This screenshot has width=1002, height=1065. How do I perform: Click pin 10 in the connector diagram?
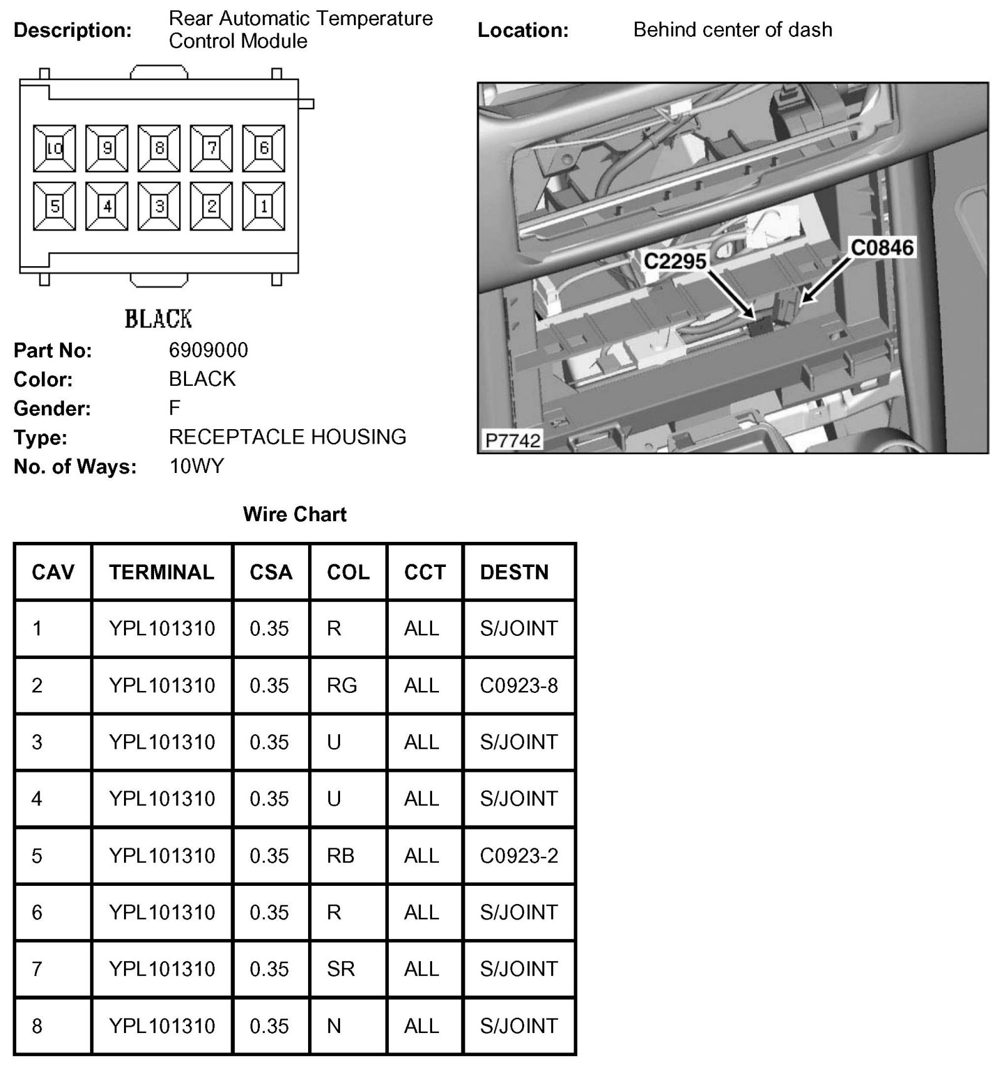click(54, 148)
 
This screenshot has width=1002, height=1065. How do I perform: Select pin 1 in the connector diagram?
click(264, 206)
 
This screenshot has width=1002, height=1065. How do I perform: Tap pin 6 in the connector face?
click(264, 148)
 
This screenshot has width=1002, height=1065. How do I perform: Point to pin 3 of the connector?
click(159, 206)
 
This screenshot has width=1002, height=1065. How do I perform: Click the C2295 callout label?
click(675, 261)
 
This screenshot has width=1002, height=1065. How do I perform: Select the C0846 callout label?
click(882, 248)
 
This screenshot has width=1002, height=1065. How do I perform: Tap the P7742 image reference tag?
click(513, 440)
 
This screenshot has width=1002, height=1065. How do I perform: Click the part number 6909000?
click(209, 350)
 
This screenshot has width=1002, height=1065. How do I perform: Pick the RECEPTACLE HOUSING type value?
click(287, 437)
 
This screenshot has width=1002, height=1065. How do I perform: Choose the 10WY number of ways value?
click(196, 466)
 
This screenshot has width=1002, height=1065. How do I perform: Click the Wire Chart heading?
click(294, 514)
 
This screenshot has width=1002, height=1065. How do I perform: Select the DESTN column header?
click(514, 572)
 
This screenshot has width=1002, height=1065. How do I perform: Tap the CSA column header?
click(271, 572)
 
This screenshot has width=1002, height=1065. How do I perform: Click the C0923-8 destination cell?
click(519, 685)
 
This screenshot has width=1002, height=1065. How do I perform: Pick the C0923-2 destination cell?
click(519, 856)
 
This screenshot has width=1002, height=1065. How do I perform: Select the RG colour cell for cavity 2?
click(341, 685)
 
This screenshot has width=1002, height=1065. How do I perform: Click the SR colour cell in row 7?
click(341, 969)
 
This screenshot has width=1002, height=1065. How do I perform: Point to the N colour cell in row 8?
click(334, 1026)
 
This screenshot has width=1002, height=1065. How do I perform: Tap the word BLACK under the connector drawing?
click(158, 319)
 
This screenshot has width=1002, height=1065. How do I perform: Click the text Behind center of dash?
click(733, 29)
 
